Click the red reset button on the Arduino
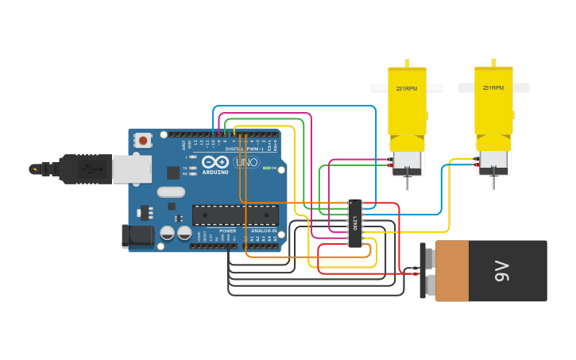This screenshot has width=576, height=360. click(x=143, y=141)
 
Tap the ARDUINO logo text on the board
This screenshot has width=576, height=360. click(x=215, y=172)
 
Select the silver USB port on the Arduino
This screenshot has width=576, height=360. click(x=131, y=168)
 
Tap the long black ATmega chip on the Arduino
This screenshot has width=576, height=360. click(x=235, y=215)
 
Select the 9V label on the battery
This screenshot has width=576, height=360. click(x=502, y=271)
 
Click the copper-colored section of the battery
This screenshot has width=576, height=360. click(x=451, y=271)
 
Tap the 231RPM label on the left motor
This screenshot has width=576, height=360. click(x=407, y=89)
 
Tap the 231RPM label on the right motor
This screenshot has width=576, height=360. click(x=493, y=88)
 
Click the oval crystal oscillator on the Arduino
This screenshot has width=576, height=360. click(x=171, y=192)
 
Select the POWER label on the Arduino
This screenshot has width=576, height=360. click(x=228, y=230)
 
